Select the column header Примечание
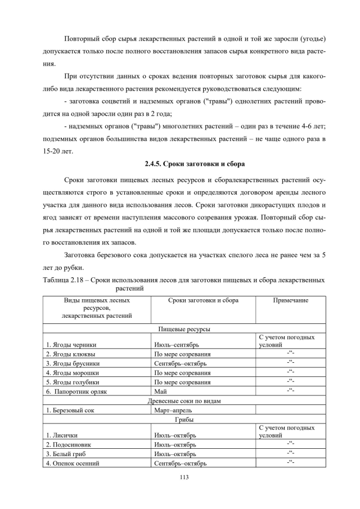point(290,300)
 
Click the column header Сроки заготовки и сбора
point(203,300)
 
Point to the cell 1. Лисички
point(61,435)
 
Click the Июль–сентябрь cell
point(175,345)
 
